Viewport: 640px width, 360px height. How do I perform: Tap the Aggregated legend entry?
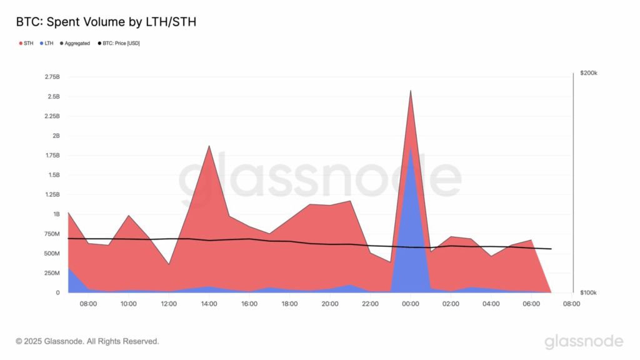click(75, 43)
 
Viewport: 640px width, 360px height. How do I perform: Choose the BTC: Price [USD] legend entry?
click(119, 43)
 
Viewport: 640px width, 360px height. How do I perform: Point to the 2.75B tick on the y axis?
click(52, 77)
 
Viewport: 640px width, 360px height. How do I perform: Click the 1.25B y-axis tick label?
click(52, 195)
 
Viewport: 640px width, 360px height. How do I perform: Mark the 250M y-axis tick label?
click(52, 273)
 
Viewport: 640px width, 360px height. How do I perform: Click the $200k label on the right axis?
click(588, 73)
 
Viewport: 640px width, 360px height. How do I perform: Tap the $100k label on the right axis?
click(588, 292)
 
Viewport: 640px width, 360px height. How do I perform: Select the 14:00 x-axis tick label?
click(209, 304)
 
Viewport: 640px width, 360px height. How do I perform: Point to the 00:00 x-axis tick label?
click(411, 304)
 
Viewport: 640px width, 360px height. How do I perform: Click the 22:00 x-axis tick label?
click(370, 304)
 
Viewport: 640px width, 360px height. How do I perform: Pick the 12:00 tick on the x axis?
click(169, 304)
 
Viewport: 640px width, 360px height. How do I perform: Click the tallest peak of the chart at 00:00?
click(410, 91)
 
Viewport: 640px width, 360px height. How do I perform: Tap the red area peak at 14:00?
click(209, 146)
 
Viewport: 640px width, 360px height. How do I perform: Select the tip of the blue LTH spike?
click(410, 149)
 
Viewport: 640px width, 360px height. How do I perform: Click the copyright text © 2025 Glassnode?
click(87, 341)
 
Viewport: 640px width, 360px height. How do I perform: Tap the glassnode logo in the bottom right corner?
click(584, 341)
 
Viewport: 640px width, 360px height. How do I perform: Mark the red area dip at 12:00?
click(169, 264)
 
